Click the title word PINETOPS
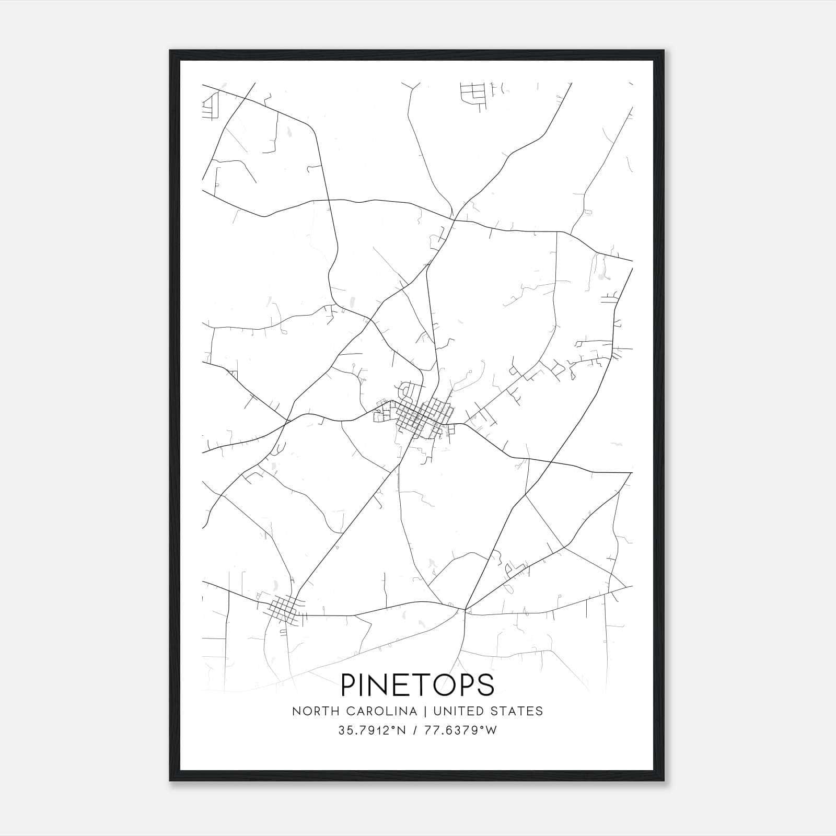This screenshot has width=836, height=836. (417, 685)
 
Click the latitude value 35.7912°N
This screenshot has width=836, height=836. (372, 730)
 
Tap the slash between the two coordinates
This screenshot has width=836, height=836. (415, 730)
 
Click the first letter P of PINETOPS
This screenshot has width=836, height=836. (349, 685)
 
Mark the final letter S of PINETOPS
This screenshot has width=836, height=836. (485, 685)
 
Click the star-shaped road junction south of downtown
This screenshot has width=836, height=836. (465, 608)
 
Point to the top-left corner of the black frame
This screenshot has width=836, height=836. (170, 51)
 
